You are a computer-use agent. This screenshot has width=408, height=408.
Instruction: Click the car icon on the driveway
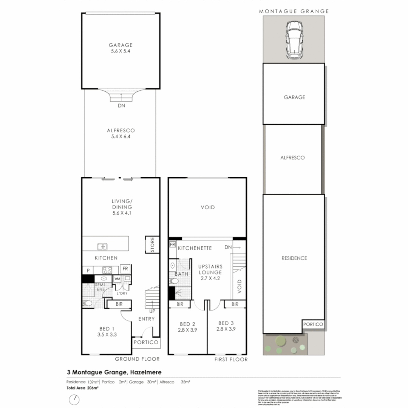pos(294,40)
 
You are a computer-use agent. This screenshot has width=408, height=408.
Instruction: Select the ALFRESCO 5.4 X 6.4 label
pos(121,133)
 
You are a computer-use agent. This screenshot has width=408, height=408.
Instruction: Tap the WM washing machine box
pos(117,278)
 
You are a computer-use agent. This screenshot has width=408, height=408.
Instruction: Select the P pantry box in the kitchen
pos(88,270)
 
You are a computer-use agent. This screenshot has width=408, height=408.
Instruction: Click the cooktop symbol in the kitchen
pos(107,270)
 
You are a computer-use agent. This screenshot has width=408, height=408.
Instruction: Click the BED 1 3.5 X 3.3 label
pos(106,331)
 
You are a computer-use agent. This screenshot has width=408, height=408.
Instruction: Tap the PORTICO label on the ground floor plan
pos(146,342)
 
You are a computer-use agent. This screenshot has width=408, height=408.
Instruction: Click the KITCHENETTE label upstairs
pos(195,248)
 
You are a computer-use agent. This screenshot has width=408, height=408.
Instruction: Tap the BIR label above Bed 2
pos(180,304)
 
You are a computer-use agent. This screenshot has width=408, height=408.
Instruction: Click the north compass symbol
pos(76,399)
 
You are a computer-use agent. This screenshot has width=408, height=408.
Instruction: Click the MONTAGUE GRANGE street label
pos(294,11)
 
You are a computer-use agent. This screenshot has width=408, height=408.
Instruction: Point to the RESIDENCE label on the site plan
pos(294,258)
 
